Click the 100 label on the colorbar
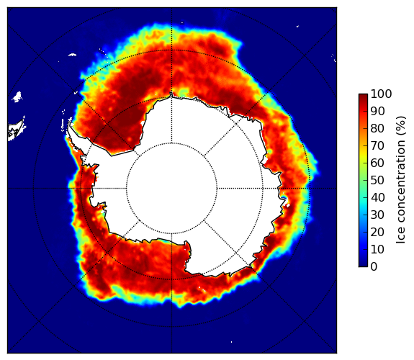pyautogui.click(x=381, y=94)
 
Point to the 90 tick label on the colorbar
pyautogui.click(x=377, y=111)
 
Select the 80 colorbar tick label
pyautogui.click(x=377, y=128)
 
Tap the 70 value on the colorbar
pyautogui.click(x=377, y=145)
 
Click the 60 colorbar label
pyautogui.click(x=377, y=163)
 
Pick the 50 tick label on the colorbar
pyautogui.click(x=377, y=180)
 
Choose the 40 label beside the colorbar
pyautogui.click(x=377, y=197)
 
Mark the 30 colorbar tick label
pyautogui.click(x=377, y=215)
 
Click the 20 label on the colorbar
pyautogui.click(x=377, y=232)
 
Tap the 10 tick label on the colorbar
pyautogui.click(x=377, y=249)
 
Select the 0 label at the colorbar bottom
pyautogui.click(x=374, y=266)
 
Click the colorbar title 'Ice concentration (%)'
pyautogui.click(x=401, y=180)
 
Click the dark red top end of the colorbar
pyautogui.click(x=363, y=96)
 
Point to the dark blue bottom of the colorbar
pyautogui.click(x=363, y=265)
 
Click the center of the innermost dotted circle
pyautogui.click(x=171, y=189)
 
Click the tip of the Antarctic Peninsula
pyautogui.click(x=69, y=124)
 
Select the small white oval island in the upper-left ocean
pyautogui.click(x=72, y=55)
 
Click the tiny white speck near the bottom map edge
pyautogui.click(x=232, y=342)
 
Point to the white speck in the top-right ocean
pyautogui.click(x=297, y=26)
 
